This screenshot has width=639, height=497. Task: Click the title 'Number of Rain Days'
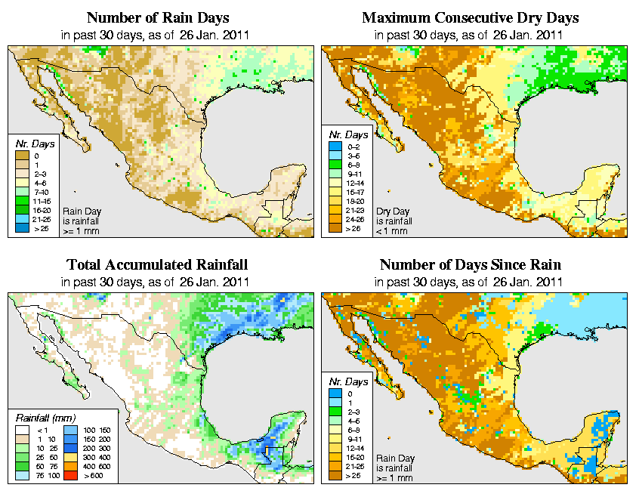[x=157, y=17]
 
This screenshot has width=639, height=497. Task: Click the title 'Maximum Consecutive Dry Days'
[x=470, y=17]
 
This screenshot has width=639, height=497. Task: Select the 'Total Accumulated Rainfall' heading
[x=157, y=265]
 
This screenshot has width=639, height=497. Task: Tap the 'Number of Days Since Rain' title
[x=470, y=265]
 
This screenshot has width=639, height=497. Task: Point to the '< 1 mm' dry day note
[x=392, y=231]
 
